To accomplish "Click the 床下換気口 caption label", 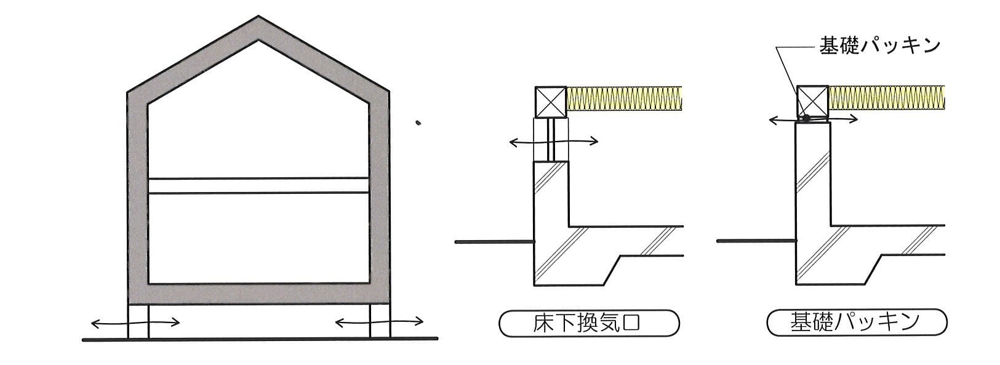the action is [x=589, y=323].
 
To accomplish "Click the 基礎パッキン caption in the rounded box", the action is [x=857, y=322].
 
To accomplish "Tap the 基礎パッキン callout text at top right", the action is [x=879, y=46].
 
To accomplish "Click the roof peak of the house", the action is [x=258, y=17].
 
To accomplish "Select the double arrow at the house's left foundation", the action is [x=135, y=323].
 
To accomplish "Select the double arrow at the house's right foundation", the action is [x=379, y=322].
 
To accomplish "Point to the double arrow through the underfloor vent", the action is [x=554, y=142].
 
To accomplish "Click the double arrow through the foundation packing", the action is [x=813, y=119].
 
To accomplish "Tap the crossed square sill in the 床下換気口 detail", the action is [x=550, y=102].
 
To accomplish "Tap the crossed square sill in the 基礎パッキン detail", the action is [x=812, y=101].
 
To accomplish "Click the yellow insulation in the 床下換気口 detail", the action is [x=624, y=98].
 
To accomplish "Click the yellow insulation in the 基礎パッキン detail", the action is [x=887, y=97].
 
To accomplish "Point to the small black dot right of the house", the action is [x=418, y=122].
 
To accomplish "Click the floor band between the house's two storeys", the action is [x=258, y=185].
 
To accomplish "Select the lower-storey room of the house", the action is [x=258, y=238].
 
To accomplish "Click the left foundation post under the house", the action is [x=138, y=321].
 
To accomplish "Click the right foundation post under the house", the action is [x=380, y=321].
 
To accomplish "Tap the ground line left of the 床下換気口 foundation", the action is [x=495, y=242].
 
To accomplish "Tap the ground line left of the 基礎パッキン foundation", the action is [x=757, y=241].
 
